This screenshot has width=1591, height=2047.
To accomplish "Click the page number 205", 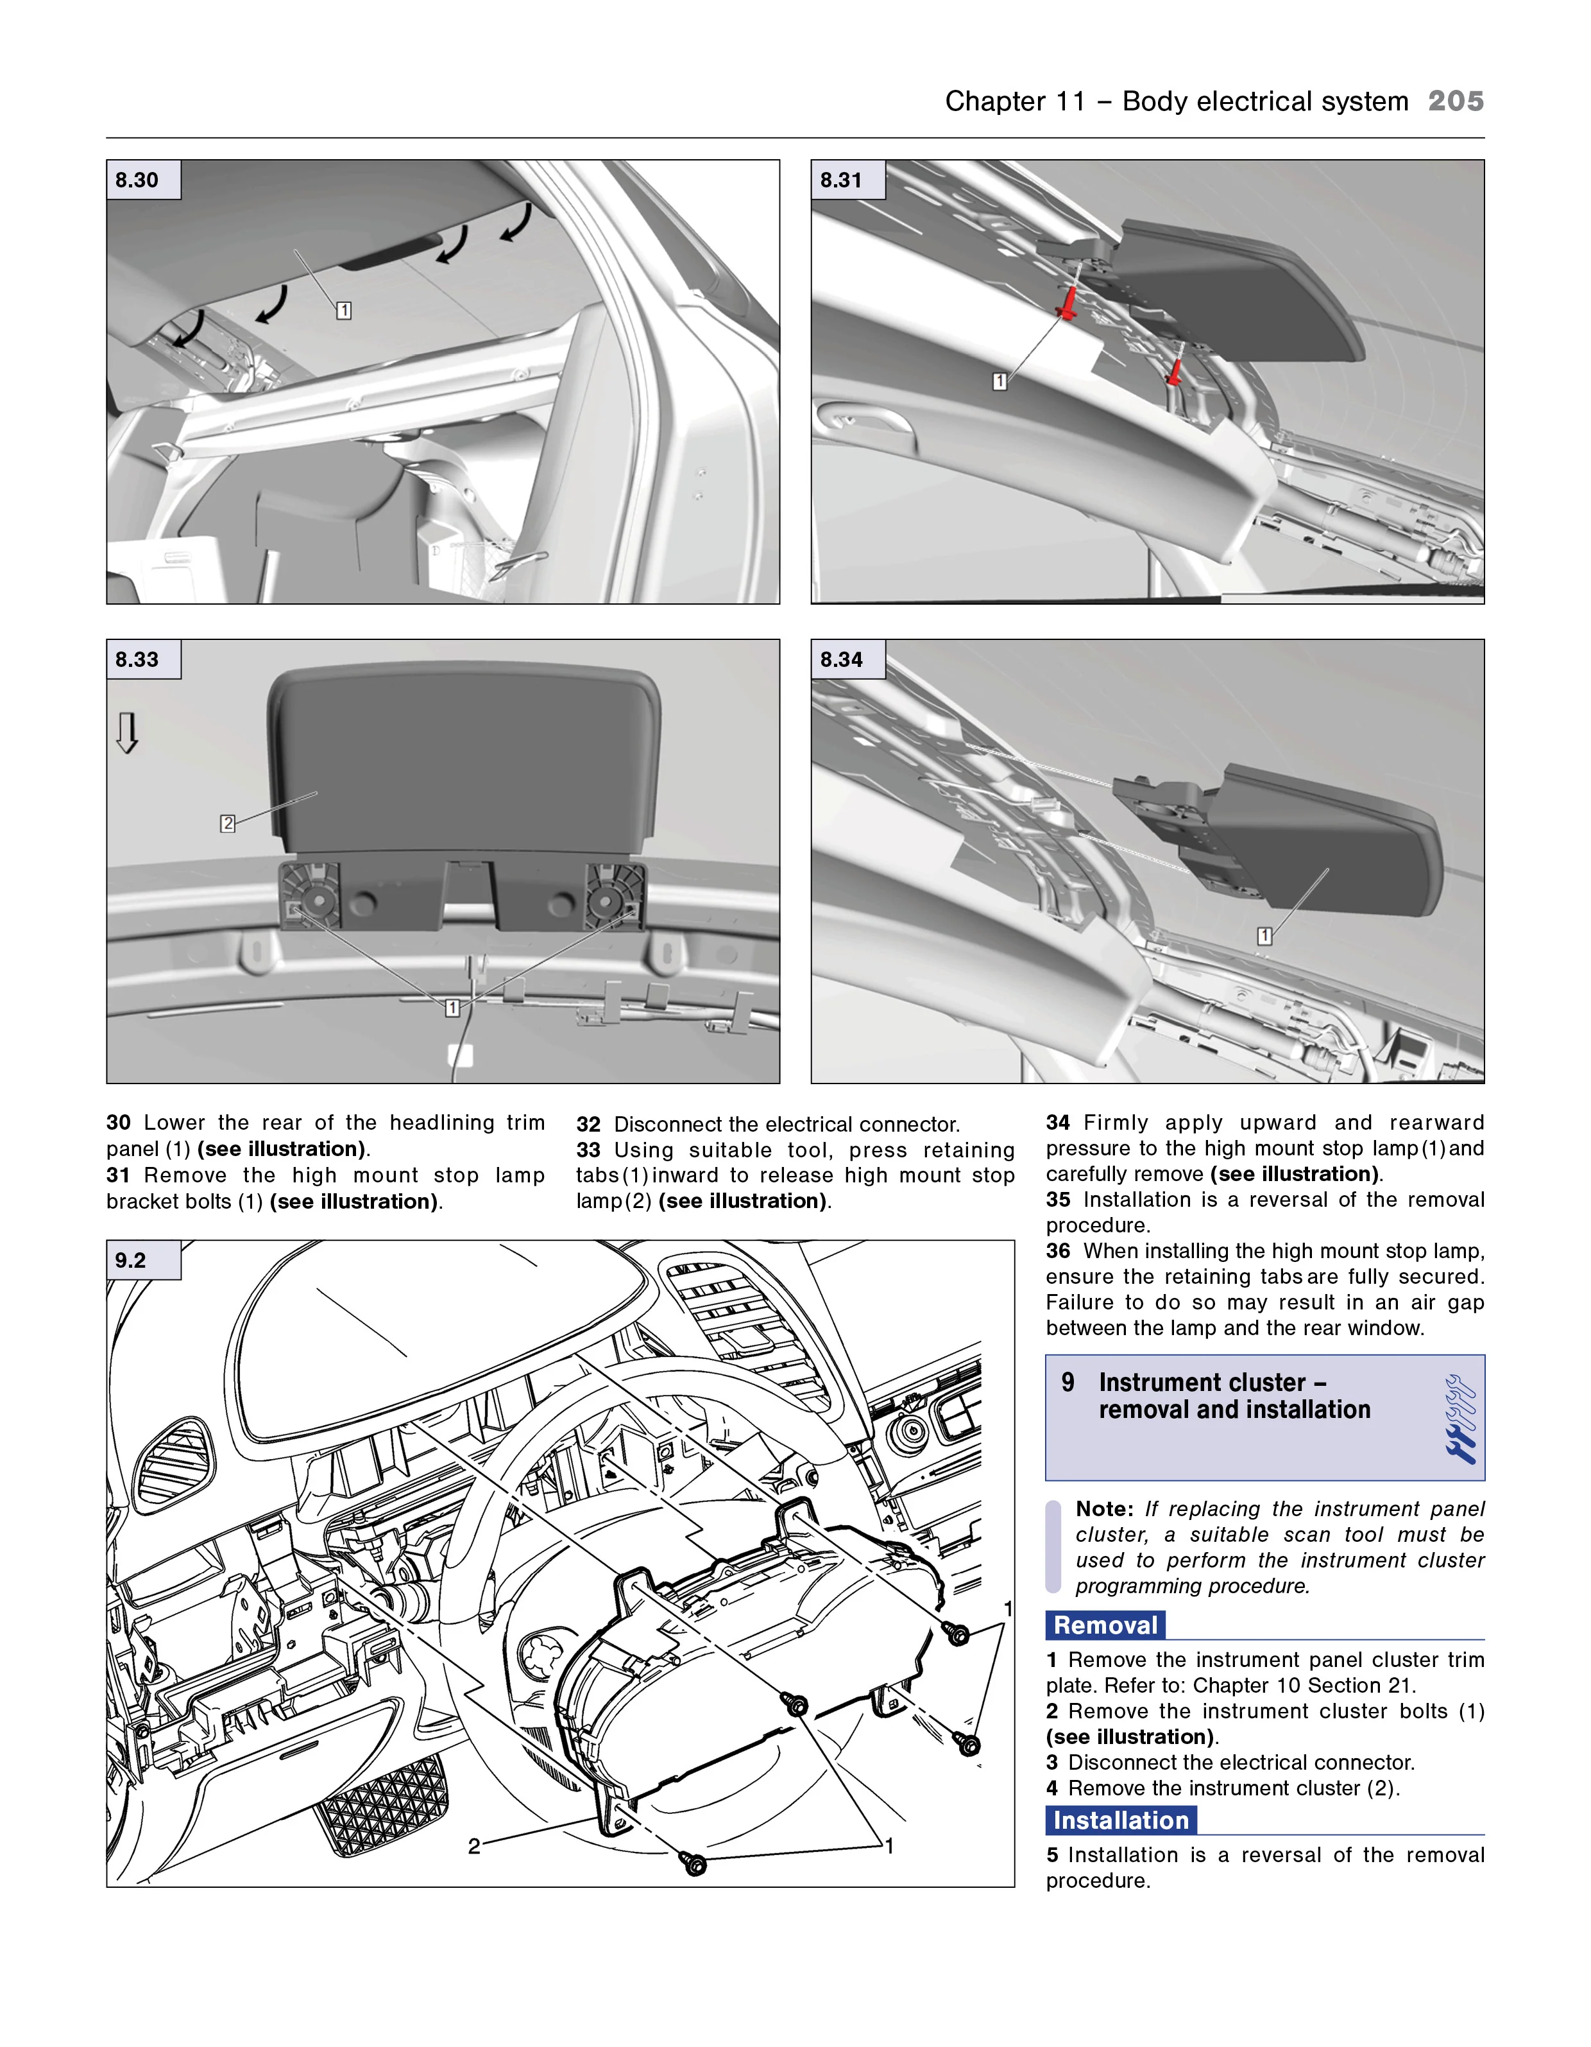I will click(1454, 101).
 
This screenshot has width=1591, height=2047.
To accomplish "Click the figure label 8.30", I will click(137, 180).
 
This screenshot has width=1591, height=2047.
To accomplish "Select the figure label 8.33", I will click(137, 659).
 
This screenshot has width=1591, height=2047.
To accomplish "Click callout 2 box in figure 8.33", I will click(228, 823).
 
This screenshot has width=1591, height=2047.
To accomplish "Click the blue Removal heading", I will click(1105, 1625).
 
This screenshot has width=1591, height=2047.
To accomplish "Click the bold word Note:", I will click(1105, 1509).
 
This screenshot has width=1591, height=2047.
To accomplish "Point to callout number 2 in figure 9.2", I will click(474, 1847).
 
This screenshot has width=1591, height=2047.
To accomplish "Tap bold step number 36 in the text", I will click(1058, 1250).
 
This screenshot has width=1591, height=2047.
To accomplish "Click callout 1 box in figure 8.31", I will click(1000, 381).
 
